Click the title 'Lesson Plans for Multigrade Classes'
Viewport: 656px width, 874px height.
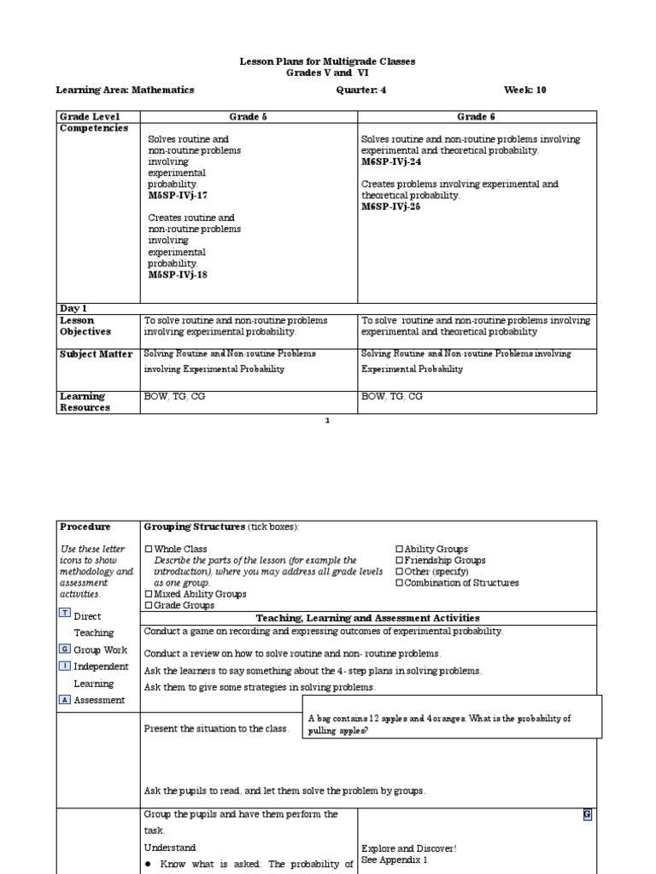[x=327, y=62]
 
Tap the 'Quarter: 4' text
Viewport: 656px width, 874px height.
[x=361, y=90]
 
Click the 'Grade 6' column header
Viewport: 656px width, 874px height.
[x=476, y=116]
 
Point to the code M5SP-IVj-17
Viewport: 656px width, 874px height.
[x=178, y=195]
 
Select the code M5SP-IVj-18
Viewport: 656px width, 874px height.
[x=178, y=275]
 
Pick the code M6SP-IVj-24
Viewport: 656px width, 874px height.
[x=391, y=161]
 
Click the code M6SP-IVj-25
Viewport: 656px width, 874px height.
[x=391, y=207]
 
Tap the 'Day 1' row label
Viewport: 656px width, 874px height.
[x=73, y=308]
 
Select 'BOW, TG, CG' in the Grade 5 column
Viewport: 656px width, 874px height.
[x=173, y=397]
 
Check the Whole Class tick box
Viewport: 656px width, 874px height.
[x=149, y=550]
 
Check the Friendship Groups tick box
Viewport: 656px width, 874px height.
[x=399, y=561]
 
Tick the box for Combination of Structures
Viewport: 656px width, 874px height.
[x=399, y=583]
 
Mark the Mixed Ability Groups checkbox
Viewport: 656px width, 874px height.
[x=149, y=594]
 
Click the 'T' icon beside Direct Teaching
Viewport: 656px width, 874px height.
[x=65, y=614]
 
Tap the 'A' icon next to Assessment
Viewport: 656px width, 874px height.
[x=65, y=700]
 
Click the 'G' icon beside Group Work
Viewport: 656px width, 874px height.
[x=65, y=650]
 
